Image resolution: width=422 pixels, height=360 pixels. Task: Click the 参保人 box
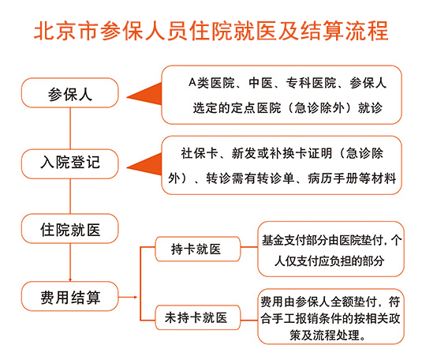[69, 93]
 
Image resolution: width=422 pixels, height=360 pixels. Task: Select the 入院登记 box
[69, 164]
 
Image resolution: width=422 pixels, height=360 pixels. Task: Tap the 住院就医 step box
[69, 228]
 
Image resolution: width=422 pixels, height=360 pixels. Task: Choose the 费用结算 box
[69, 296]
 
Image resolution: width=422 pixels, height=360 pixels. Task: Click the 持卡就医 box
[197, 249]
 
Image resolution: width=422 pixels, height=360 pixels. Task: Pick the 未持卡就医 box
[197, 317]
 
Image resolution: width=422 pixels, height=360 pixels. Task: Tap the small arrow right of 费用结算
[128, 297]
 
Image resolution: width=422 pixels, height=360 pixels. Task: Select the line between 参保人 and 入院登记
[70, 129]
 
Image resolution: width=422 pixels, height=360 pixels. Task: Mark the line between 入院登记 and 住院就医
[70, 197]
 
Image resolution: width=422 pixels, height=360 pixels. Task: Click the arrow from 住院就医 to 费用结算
[70, 262]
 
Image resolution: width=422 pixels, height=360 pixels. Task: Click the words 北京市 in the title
[66, 31]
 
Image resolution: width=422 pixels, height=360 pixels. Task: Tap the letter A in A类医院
[192, 82]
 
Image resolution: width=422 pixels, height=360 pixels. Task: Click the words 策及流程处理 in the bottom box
[326, 336]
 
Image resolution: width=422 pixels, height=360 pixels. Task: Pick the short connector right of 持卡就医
[249, 247]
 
